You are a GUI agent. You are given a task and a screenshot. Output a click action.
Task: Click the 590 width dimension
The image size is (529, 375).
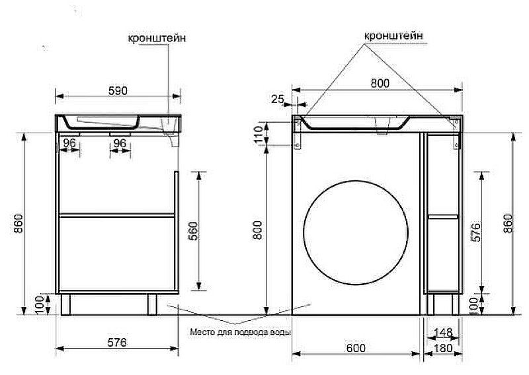click(118, 90)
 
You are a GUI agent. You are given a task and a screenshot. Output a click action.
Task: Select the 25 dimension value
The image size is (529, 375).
click(278, 99)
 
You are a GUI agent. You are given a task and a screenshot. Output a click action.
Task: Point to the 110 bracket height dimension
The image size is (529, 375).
click(259, 134)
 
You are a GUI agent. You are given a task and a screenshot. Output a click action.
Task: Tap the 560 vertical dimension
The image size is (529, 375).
click(194, 230)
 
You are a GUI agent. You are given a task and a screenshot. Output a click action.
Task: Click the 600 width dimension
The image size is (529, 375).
click(356, 348)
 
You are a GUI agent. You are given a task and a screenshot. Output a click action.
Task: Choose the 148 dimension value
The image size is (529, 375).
click(443, 333)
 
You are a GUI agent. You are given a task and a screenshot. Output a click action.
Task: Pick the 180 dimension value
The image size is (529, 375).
click(443, 348)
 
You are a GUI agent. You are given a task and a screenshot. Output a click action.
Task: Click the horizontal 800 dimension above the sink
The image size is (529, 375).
click(380, 83)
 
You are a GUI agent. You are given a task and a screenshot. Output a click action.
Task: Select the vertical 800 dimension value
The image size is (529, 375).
click(258, 230)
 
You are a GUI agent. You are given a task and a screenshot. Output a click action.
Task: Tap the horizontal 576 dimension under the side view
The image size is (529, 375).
click(117, 342)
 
